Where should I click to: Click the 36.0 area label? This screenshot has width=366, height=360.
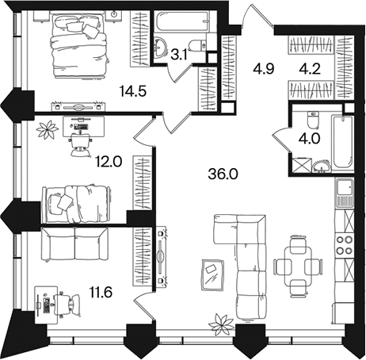[223, 174]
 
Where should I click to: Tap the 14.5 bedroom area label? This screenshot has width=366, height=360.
[133, 91]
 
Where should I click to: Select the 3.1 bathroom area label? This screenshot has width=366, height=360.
[179, 56]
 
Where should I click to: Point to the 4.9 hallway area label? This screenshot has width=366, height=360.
[264, 69]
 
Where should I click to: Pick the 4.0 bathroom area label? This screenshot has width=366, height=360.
[309, 138]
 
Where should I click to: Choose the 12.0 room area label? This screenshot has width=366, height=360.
[109, 162]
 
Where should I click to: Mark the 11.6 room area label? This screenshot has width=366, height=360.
[101, 293]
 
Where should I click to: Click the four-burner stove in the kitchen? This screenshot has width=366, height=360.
[345, 245]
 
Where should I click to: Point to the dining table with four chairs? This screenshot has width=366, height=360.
[298, 266]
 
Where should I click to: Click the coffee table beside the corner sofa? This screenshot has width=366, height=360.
[212, 275]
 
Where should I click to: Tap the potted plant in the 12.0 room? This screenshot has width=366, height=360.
[48, 129]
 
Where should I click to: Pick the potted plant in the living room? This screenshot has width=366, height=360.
[221, 322]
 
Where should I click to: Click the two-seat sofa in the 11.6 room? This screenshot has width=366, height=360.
[74, 243]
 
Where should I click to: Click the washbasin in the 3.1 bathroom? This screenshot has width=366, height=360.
[160, 47]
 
